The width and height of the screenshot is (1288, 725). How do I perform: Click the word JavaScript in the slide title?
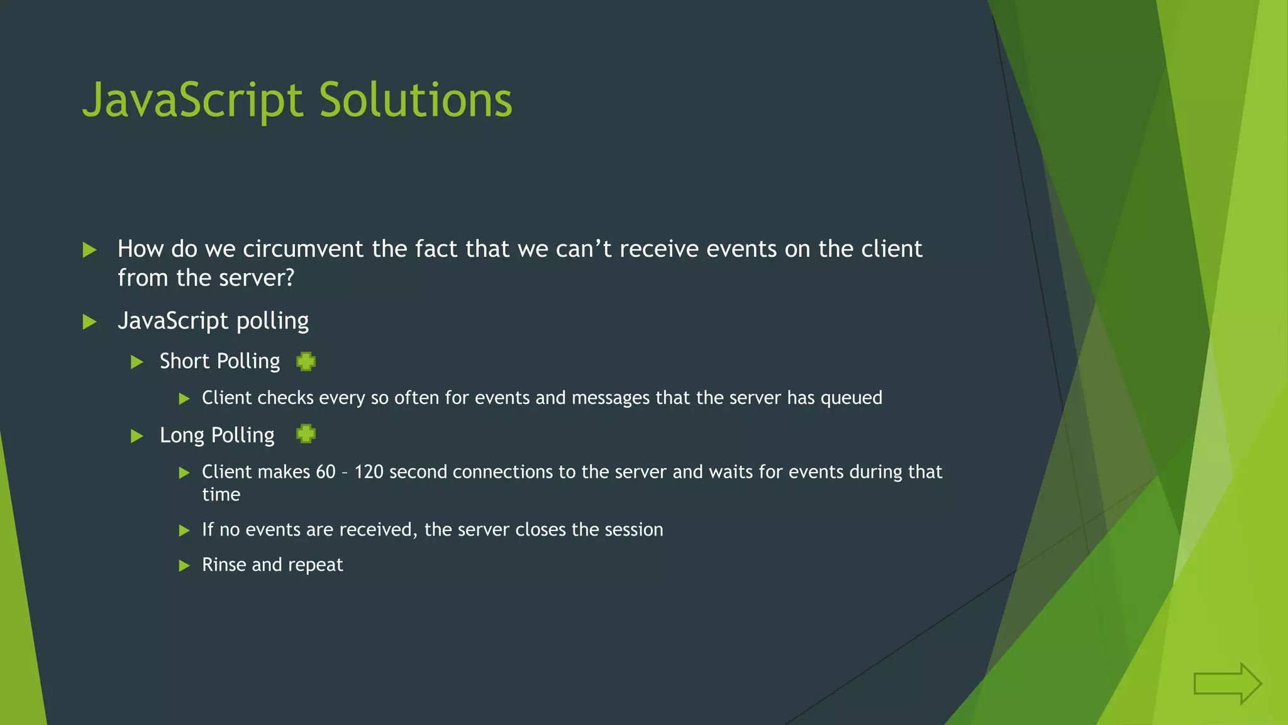[x=192, y=101]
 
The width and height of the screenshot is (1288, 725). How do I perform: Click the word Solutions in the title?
[x=416, y=101]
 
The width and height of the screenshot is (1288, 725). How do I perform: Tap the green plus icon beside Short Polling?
[x=306, y=361]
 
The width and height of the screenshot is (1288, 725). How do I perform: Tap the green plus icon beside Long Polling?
[x=306, y=434]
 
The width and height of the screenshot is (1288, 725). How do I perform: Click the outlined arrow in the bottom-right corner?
[x=1227, y=683]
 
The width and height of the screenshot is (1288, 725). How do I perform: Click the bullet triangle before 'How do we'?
[x=89, y=250]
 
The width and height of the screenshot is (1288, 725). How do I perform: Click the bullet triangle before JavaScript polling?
[x=89, y=322]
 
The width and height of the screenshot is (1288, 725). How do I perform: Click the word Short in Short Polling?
[x=184, y=361]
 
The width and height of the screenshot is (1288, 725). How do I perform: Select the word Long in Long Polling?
[x=182, y=436]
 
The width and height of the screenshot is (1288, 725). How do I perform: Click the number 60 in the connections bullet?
[x=326, y=472]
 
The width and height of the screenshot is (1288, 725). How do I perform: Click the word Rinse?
[x=224, y=565]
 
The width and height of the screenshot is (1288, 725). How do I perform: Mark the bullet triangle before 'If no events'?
[x=184, y=531]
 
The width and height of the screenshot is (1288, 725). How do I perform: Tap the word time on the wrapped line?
[x=221, y=495]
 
